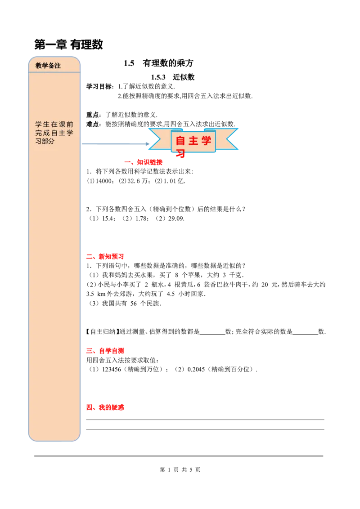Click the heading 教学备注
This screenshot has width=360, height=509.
(48, 66)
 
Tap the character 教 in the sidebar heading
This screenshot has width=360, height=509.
(39, 66)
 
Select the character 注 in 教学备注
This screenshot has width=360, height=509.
(58, 66)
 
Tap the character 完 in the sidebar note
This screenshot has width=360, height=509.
(39, 133)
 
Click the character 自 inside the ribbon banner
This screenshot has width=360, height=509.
(180, 141)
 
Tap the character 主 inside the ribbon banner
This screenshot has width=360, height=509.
(193, 141)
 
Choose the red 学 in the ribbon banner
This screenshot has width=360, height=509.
(207, 141)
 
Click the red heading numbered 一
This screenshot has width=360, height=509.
(144, 162)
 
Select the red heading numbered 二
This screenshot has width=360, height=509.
(105, 257)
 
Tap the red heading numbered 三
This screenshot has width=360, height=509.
(105, 351)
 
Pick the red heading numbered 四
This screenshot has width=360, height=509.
(105, 408)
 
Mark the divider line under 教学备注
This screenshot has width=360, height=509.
(54, 72)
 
